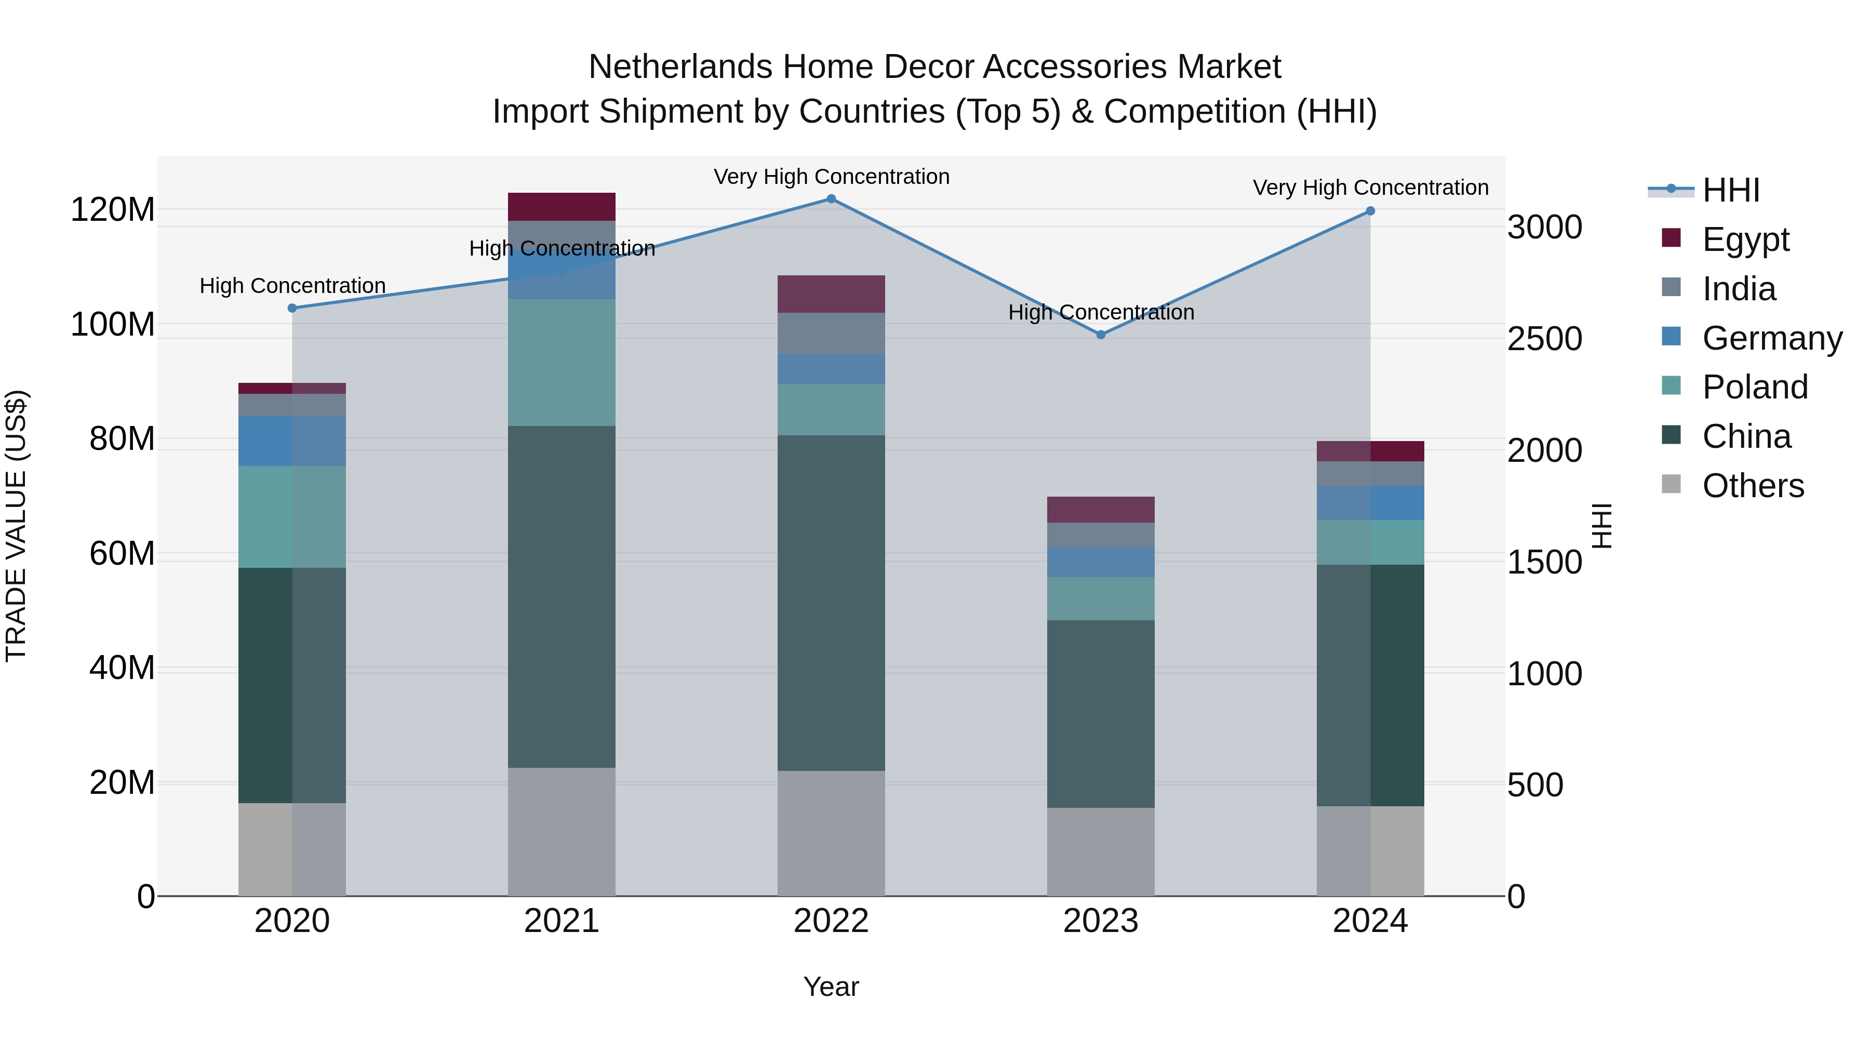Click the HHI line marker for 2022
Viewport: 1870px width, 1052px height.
coord(831,199)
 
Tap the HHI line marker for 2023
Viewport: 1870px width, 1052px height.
coord(1101,335)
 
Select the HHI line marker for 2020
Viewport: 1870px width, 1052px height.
coord(292,309)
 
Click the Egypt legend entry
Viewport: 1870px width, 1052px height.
coord(1745,239)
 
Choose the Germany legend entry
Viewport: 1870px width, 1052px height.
coord(1771,338)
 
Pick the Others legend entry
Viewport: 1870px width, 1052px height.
coord(1753,486)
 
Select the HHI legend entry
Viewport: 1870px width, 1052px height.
coord(1731,190)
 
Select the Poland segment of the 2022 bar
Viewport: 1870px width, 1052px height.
coord(831,409)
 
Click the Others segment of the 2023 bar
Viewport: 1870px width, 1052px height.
coord(1101,851)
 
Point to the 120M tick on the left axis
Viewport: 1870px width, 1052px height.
coord(113,210)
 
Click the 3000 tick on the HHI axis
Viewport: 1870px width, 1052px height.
coord(1545,227)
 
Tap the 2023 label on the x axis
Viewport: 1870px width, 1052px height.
coord(1101,921)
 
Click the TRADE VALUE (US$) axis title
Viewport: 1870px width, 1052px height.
coord(16,526)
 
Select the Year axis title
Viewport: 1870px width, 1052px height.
coord(831,987)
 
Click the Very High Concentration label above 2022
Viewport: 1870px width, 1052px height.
coord(831,177)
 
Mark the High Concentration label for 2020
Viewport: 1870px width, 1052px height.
coord(292,286)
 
